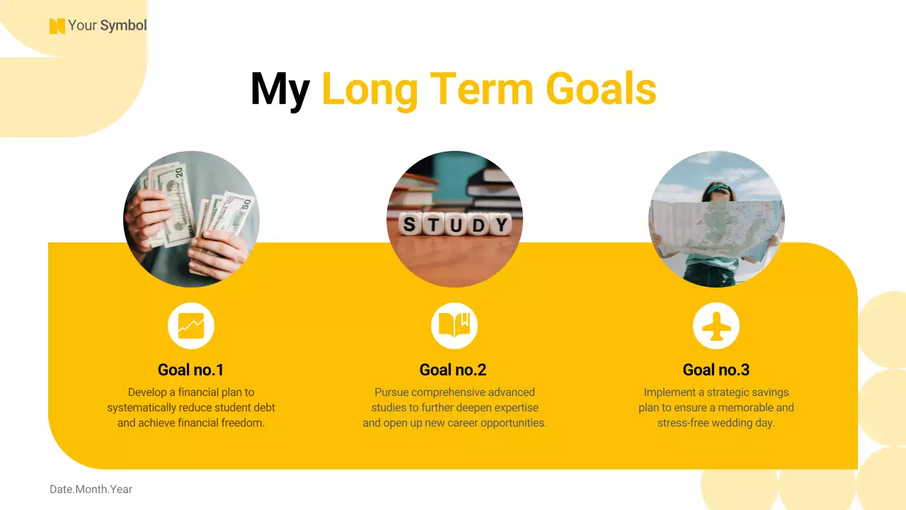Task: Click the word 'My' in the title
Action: (280, 90)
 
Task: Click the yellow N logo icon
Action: (57, 26)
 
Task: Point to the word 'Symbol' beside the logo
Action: (123, 26)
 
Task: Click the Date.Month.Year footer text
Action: (91, 489)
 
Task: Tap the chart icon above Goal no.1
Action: (191, 326)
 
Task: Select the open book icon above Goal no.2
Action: (454, 326)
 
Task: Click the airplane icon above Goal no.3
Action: (716, 326)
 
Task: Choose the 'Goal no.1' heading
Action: (191, 370)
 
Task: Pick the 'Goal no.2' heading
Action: (453, 370)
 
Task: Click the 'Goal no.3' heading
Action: (716, 370)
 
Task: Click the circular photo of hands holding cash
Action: (191, 219)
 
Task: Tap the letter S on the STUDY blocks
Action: (408, 225)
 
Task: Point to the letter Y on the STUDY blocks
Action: (500, 225)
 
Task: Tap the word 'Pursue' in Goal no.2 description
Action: (391, 392)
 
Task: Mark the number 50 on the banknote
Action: (246, 203)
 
